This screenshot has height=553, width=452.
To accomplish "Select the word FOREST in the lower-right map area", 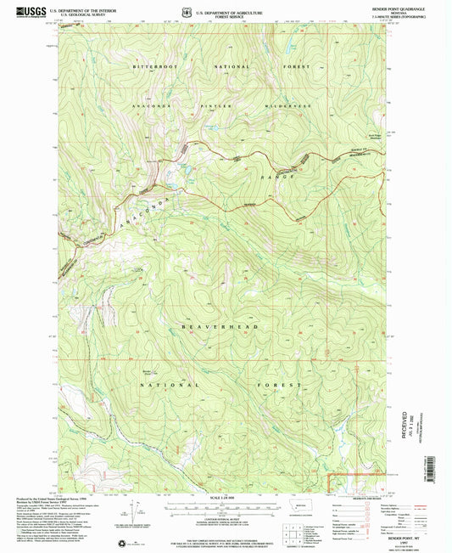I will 287,385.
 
